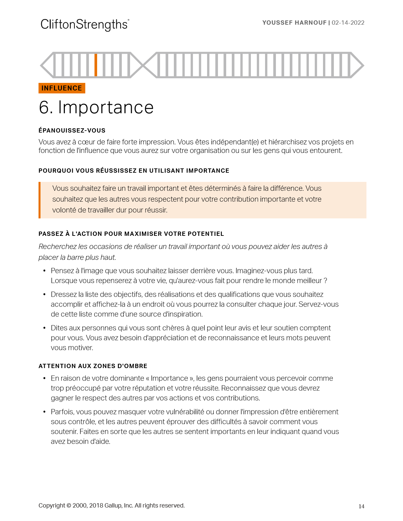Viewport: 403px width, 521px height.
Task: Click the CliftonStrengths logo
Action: tap(85, 25)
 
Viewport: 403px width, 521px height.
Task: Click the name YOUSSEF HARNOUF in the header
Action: tap(294, 23)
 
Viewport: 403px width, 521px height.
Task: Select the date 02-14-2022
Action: tap(348, 23)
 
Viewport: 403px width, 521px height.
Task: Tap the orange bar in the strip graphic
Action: tap(96, 65)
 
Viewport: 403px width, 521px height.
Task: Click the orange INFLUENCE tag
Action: tap(62, 88)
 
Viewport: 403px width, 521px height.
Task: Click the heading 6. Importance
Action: tap(96, 108)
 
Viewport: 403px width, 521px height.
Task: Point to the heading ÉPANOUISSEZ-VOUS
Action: tap(72, 131)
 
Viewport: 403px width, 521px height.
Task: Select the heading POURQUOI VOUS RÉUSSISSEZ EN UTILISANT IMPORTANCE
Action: tap(134, 171)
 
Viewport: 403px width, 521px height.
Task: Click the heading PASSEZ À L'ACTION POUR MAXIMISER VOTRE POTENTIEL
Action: tap(131, 234)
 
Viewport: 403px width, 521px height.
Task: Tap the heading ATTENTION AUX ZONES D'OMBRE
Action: tap(93, 366)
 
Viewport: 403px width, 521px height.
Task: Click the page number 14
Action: tap(361, 506)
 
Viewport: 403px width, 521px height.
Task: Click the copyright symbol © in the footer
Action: tap(69, 506)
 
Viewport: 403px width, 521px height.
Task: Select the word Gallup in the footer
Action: tap(113, 506)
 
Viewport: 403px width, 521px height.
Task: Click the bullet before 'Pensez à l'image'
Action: tap(44, 271)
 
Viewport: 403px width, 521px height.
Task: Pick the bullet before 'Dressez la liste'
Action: tap(44, 294)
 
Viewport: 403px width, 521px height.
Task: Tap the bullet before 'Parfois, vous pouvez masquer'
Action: tap(44, 412)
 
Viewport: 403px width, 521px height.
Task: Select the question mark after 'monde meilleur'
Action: tap(325, 281)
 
